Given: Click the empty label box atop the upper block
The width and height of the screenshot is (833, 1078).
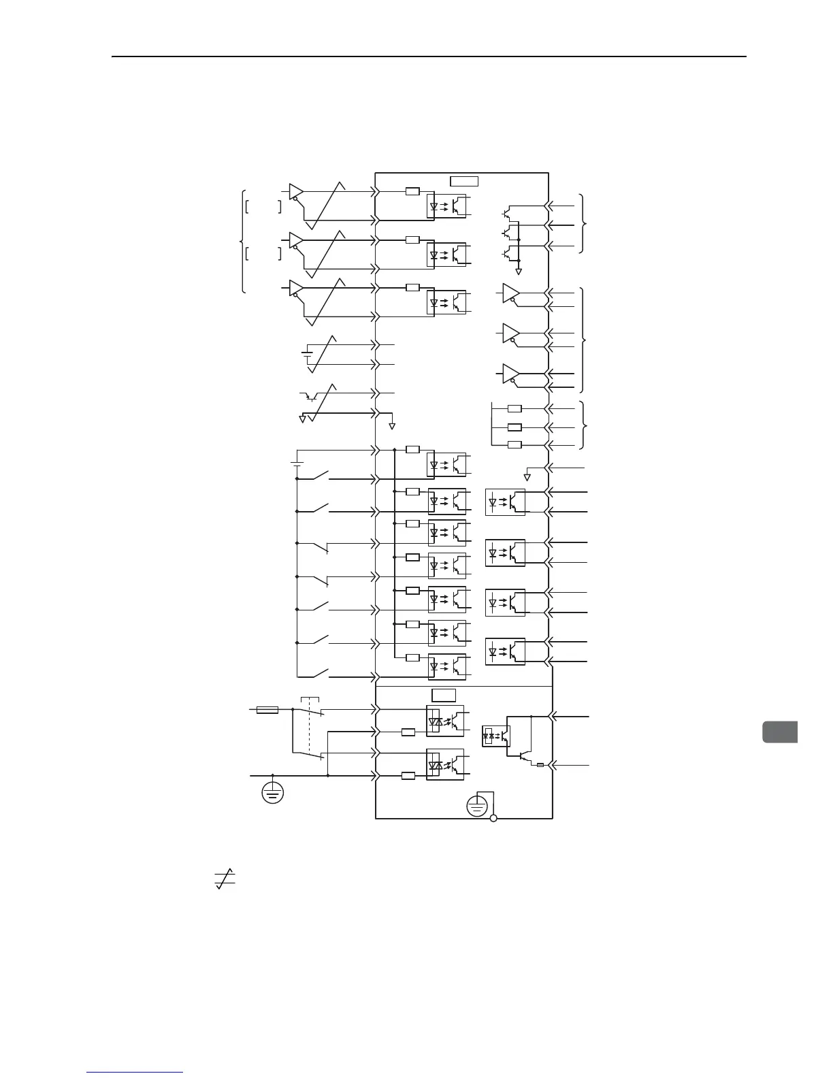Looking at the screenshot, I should tap(465, 181).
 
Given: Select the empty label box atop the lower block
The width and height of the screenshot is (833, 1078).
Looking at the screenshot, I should tap(444, 695).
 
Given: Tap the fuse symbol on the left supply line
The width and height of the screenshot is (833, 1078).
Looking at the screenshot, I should tap(267, 710).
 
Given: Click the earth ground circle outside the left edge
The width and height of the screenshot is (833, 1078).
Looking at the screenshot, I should tap(273, 792).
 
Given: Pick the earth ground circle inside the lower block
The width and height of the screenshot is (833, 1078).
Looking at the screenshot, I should tap(477, 807).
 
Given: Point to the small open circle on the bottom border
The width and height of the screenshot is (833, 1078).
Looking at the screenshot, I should tap(493, 818).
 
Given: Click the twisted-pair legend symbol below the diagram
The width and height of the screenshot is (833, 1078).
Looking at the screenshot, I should tap(225, 879).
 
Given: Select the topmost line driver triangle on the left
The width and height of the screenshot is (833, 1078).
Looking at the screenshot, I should tap(296, 191).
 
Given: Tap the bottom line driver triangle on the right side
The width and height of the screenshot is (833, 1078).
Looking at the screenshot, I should tap(510, 374).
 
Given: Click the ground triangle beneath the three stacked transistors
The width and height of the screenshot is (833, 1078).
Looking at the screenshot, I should tap(519, 272).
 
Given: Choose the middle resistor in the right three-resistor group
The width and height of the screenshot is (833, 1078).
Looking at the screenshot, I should tap(515, 427).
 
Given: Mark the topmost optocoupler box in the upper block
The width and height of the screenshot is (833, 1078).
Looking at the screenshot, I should tap(447, 205).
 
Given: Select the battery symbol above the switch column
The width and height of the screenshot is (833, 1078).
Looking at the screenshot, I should tap(297, 463).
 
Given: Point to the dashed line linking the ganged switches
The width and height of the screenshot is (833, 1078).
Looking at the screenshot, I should tap(310, 728).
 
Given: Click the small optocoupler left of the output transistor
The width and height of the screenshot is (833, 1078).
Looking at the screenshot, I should tap(495, 736).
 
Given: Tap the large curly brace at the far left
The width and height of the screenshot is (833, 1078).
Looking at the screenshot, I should tap(242, 242).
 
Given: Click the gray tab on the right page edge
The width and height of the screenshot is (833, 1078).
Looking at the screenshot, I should tap(780, 732).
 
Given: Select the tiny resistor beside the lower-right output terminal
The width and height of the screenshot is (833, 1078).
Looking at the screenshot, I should tap(540, 765).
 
